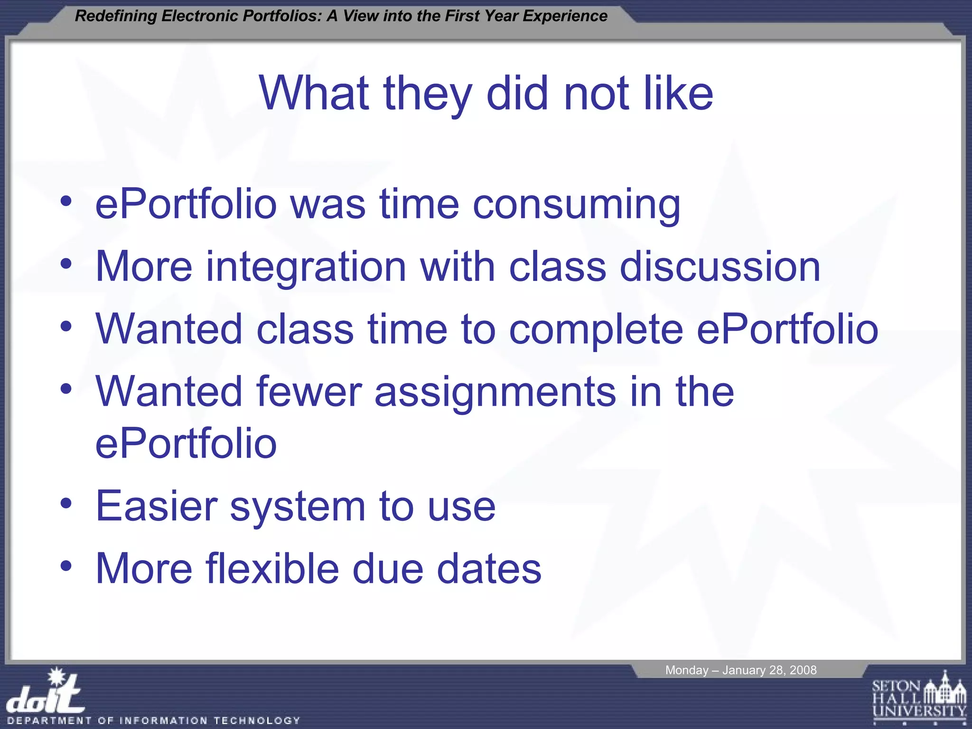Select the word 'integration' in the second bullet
306,267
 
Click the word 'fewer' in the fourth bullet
309,392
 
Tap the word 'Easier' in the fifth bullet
156,506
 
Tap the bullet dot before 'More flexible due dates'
66,566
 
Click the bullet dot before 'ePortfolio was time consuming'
66,202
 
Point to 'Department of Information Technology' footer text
154,720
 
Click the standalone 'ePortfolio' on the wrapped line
186,444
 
